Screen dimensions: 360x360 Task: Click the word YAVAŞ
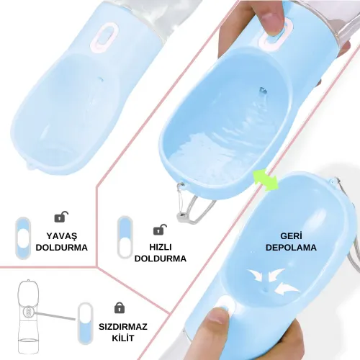click(x=62, y=236)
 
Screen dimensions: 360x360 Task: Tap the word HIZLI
click(x=161, y=247)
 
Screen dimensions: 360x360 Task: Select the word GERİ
click(x=291, y=235)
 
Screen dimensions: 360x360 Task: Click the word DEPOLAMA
click(x=291, y=248)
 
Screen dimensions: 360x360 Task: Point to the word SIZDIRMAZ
click(x=123, y=327)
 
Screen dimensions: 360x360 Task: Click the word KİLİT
click(x=123, y=338)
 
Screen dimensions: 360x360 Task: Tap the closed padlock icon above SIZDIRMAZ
click(x=120, y=307)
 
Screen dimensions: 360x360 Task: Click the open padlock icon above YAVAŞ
click(x=61, y=217)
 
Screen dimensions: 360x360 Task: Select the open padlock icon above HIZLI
click(x=160, y=230)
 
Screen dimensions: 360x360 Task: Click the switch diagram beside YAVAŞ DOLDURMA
click(x=23, y=238)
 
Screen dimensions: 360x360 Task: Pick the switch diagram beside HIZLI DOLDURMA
click(x=125, y=237)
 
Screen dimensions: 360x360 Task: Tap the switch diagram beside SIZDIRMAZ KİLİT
click(x=86, y=323)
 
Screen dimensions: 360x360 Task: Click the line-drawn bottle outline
click(x=28, y=317)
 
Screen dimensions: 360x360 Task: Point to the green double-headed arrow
click(x=266, y=180)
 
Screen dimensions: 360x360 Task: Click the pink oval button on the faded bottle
click(x=104, y=37)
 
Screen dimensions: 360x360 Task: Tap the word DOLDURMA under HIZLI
click(x=161, y=258)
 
